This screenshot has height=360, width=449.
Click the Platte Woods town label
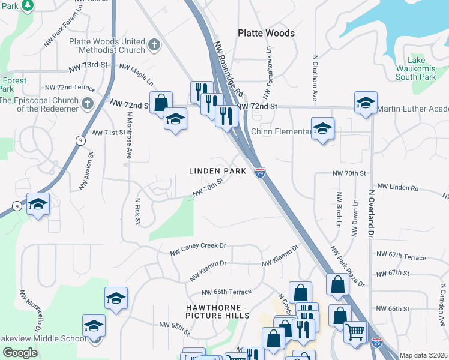pos(266,33)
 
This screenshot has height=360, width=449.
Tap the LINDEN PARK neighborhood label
pos(218,171)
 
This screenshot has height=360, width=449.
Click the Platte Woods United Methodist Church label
pos(107,46)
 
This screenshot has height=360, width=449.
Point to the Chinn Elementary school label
pos(281,131)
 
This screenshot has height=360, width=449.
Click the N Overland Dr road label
pos(371,213)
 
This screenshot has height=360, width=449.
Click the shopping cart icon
pos(355,331)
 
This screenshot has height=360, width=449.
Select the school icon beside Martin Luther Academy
pos(365,103)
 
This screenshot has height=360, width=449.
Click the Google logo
pos(20,353)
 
